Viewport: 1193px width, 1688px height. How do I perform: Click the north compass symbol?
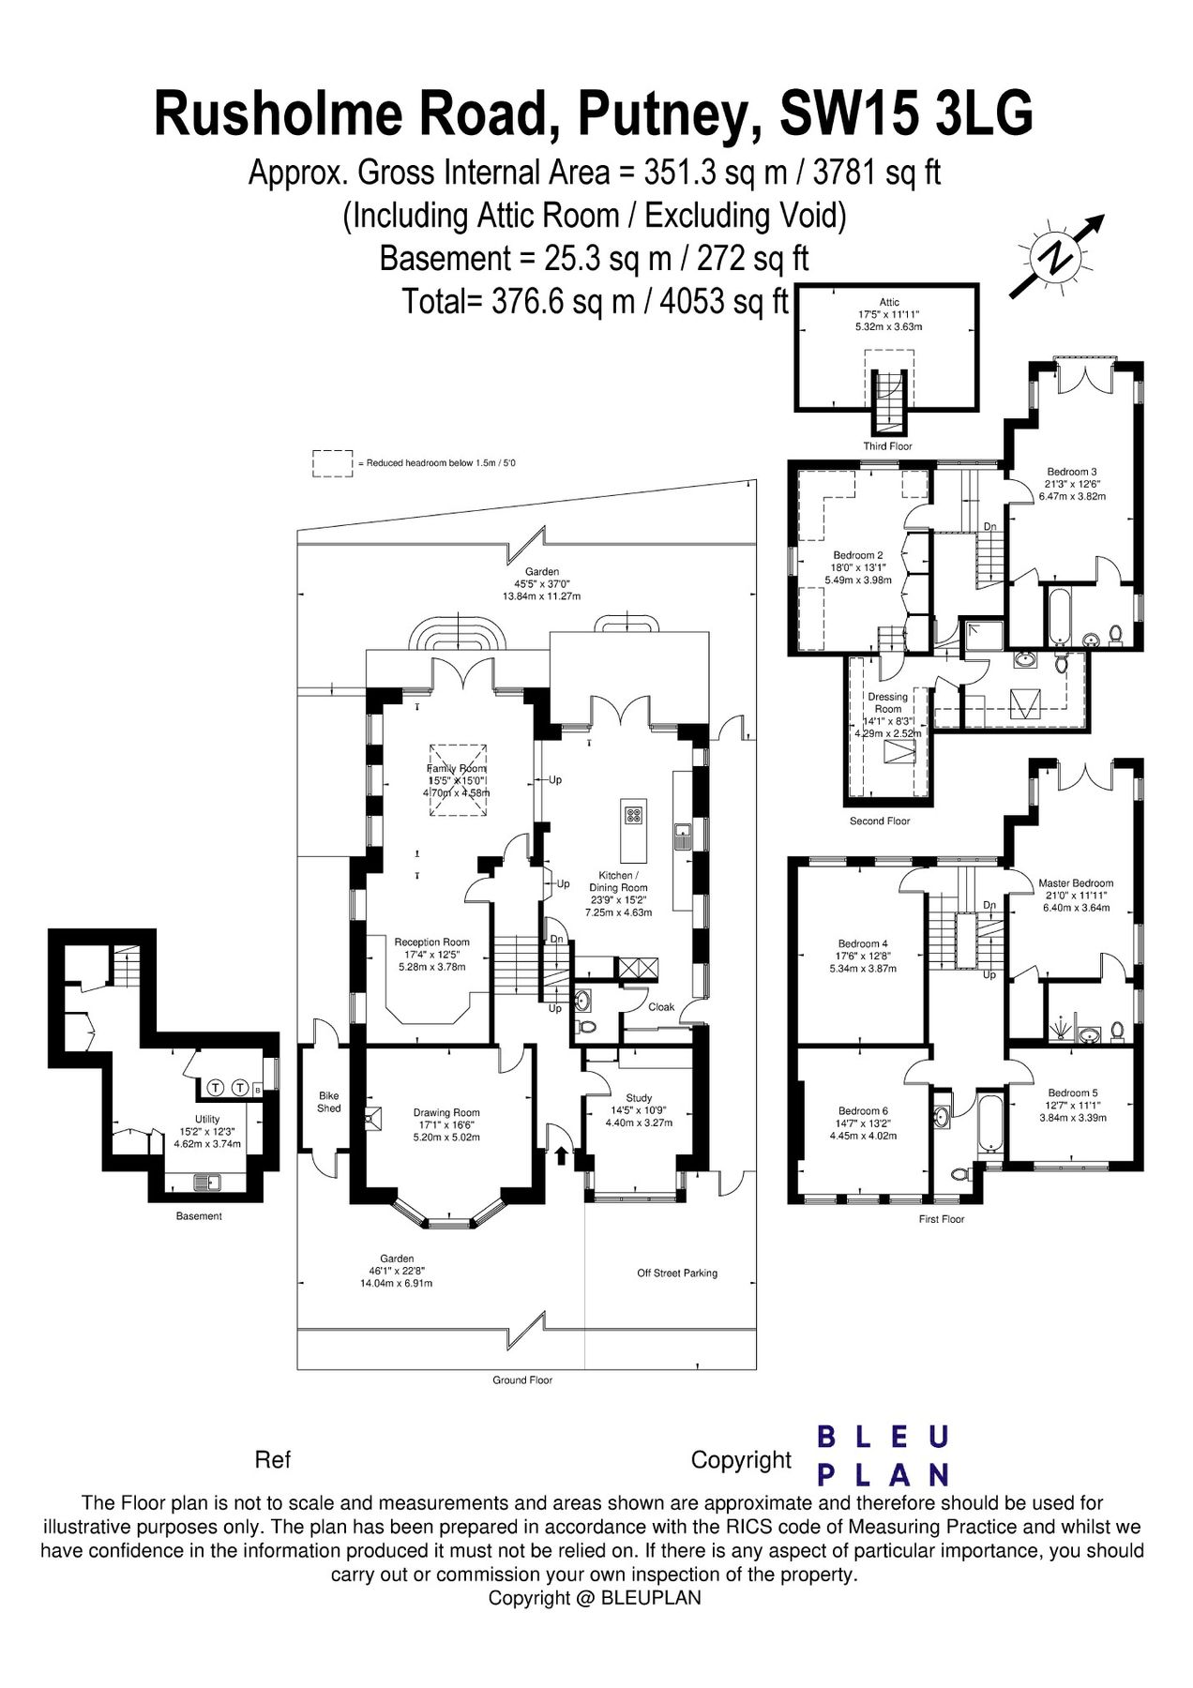(x=1057, y=255)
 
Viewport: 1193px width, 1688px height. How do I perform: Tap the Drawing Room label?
(x=446, y=1113)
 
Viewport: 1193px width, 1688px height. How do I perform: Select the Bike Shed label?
(x=329, y=1102)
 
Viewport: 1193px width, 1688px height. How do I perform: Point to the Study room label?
(x=639, y=1098)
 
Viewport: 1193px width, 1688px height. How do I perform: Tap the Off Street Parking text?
(x=677, y=1273)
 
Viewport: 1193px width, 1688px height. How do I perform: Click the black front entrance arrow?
(x=562, y=1153)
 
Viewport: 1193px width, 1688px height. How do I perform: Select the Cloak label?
(x=661, y=1007)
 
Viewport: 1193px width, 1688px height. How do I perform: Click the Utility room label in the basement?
(x=207, y=1119)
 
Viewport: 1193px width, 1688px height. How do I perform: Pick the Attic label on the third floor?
(x=889, y=302)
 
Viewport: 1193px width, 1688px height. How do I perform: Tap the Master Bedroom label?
(x=1076, y=882)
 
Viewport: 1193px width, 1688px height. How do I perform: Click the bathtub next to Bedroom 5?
(x=989, y=1122)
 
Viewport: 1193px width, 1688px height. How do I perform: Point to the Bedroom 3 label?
(x=1072, y=472)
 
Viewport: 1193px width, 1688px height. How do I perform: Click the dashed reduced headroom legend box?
(x=333, y=463)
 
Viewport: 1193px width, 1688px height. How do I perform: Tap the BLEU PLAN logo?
(x=883, y=1455)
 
